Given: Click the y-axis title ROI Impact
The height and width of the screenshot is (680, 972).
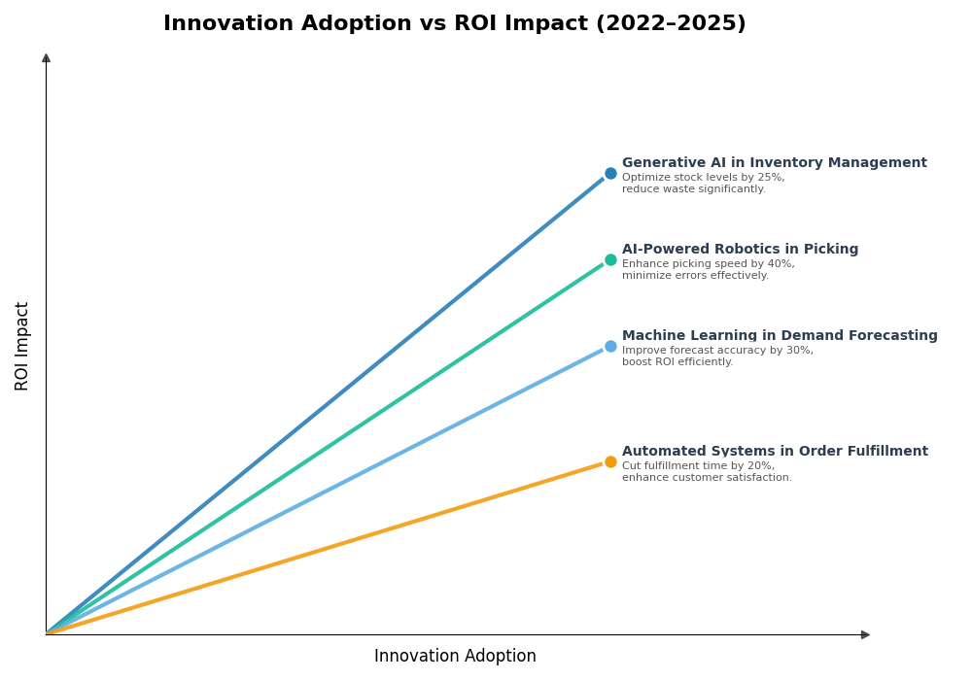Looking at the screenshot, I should click(x=22, y=346).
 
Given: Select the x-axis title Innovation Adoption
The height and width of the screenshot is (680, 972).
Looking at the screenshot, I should click(x=455, y=657).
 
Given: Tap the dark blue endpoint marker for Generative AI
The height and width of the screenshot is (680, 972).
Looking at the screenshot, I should click(x=610, y=174).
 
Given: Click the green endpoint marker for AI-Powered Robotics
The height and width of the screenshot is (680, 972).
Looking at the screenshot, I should click(x=610, y=260).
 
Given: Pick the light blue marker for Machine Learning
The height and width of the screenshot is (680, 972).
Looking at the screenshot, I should click(x=610, y=347).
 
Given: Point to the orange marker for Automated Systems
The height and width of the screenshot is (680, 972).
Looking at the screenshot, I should click(x=610, y=462).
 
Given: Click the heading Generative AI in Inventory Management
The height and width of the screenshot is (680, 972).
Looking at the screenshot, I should click(x=774, y=163).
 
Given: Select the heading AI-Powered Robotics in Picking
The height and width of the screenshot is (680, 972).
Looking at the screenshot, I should click(x=740, y=250).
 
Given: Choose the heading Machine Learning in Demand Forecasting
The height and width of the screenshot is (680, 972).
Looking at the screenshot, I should click(x=780, y=336).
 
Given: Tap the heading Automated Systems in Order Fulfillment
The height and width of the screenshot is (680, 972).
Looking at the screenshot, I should click(x=775, y=452).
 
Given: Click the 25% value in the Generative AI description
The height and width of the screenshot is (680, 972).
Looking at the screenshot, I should click(x=773, y=178).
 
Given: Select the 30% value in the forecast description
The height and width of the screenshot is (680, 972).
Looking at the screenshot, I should click(x=801, y=351).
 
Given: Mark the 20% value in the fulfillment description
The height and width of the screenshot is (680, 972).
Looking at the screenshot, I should click(x=763, y=466).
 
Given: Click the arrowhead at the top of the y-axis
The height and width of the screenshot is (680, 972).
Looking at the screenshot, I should click(x=46, y=58).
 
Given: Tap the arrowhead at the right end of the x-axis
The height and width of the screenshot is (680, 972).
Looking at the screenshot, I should click(x=865, y=635).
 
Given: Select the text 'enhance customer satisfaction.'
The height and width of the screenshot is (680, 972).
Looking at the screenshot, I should click(x=707, y=478).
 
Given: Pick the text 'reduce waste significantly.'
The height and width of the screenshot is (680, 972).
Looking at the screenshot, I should click(x=693, y=189).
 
